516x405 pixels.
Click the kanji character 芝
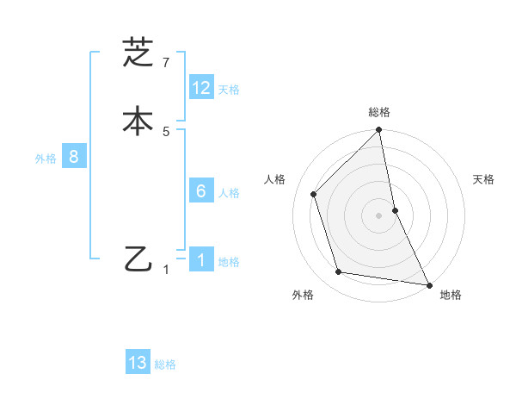pos(138,53)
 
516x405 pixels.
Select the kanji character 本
pos(138,120)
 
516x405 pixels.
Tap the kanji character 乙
pos(138,259)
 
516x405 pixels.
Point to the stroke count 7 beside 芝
pos(166,62)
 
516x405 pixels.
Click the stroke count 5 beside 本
pos(166,131)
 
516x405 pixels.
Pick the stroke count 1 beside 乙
pos(167,270)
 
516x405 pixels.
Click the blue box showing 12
pos(201,88)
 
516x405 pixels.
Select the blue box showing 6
pos(201,191)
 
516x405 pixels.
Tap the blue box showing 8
pos(74,157)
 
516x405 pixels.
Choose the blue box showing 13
pos(138,363)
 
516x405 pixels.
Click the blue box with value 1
pos(201,260)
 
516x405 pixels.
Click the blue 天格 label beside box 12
pos(229,90)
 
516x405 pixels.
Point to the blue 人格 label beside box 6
pos(229,193)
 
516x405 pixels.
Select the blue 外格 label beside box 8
pos(46,159)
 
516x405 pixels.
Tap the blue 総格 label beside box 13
pos(165,364)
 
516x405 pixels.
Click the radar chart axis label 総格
pos(379,112)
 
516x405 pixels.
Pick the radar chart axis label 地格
pos(451,295)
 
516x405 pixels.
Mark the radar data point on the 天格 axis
pos(396,210)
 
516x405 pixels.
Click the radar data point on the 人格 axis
pos(314,194)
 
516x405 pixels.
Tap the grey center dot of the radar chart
pos(379,215)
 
